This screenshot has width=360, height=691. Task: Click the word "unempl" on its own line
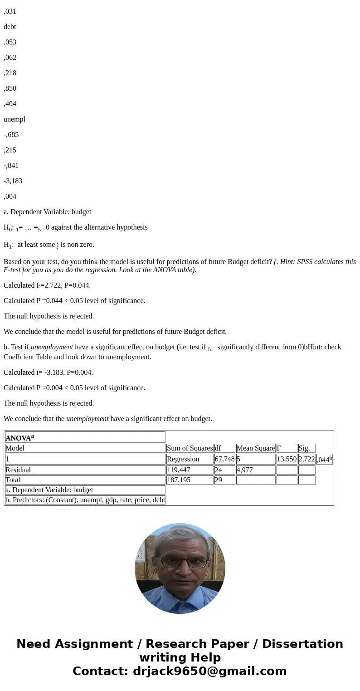tap(15, 119)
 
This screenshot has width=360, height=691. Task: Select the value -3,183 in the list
tap(13, 181)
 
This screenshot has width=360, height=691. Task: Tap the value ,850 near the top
tap(10, 88)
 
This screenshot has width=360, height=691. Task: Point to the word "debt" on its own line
tap(10, 27)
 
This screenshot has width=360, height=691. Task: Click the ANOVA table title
tap(19, 438)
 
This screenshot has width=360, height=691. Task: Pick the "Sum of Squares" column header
tap(190, 448)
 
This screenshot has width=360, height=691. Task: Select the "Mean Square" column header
tap(255, 448)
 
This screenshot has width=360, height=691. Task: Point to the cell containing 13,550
tap(287, 459)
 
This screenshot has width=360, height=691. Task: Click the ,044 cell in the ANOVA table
tap(324, 459)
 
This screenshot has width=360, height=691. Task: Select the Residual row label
tap(18, 470)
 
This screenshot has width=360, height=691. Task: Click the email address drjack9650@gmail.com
tap(209, 671)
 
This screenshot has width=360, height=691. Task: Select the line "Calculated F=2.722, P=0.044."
tap(47, 285)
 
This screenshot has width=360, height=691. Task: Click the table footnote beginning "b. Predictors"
tap(85, 500)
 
